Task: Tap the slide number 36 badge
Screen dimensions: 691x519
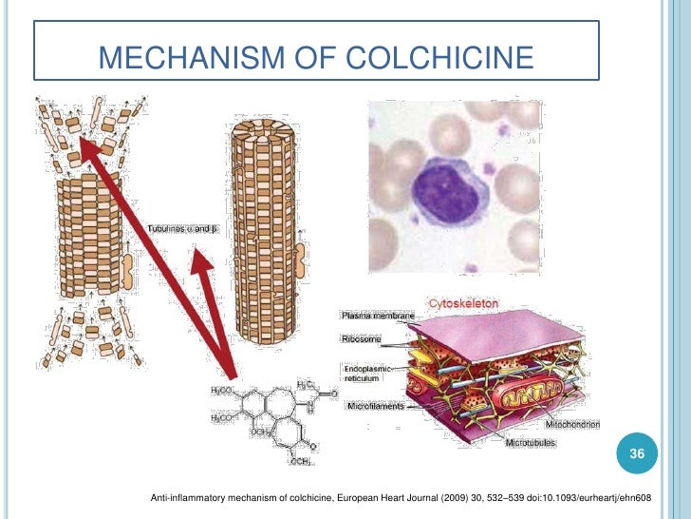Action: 638,456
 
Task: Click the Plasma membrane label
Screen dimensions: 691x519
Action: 379,316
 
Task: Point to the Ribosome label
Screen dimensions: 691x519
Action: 361,337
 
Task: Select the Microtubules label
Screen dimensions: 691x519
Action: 531,443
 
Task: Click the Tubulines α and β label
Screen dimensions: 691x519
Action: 182,229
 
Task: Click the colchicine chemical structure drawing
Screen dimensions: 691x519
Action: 270,417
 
